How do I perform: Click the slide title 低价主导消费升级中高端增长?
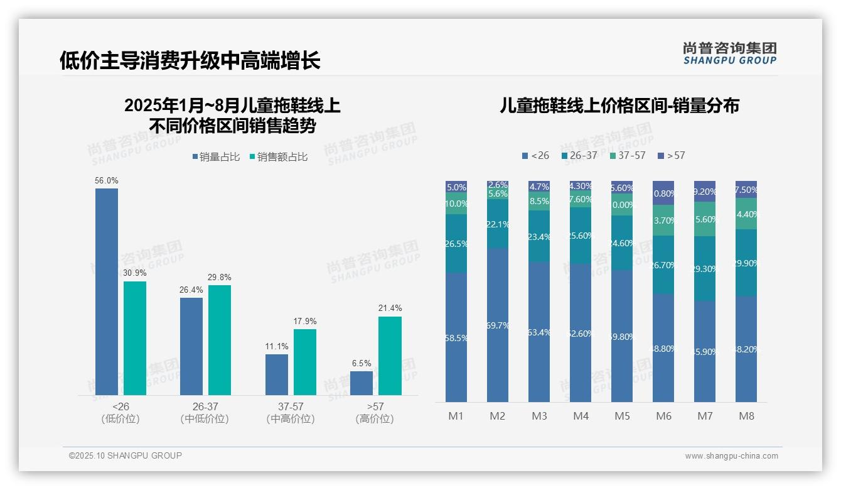click(190, 60)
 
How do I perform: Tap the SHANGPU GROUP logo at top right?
click(729, 53)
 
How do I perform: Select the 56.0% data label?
click(107, 180)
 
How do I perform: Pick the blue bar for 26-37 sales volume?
click(191, 346)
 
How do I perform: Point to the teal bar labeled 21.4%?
click(390, 356)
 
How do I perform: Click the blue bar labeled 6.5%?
click(362, 383)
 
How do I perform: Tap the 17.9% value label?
click(304, 321)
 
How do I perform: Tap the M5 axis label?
click(622, 416)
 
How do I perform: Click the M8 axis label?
click(746, 416)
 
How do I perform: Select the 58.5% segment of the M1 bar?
click(456, 337)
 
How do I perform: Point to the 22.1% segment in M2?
click(498, 224)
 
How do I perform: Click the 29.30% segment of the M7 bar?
click(705, 268)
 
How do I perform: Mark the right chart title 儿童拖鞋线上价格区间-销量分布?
click(619, 106)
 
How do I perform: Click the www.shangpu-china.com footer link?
click(731, 456)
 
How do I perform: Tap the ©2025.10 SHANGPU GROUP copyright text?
click(126, 455)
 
